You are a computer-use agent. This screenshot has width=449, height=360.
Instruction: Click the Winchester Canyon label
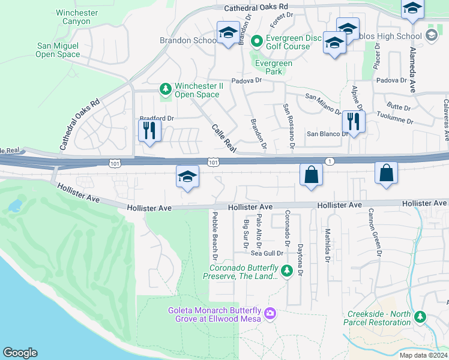(x=76, y=17)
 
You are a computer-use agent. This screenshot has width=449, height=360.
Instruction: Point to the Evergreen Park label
(x=274, y=67)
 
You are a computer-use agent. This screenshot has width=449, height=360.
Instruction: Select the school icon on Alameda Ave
(x=412, y=8)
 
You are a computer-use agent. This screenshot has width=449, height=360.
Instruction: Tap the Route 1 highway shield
(x=329, y=161)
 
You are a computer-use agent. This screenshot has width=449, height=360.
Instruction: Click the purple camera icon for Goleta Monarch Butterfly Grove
(x=270, y=313)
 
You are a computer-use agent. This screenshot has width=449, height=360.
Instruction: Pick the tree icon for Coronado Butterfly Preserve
(x=287, y=271)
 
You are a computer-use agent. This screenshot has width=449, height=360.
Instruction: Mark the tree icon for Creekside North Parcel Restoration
(x=420, y=317)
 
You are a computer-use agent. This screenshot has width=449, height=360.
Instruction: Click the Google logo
(x=20, y=353)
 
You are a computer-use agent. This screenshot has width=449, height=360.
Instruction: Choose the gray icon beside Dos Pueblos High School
(x=431, y=36)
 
